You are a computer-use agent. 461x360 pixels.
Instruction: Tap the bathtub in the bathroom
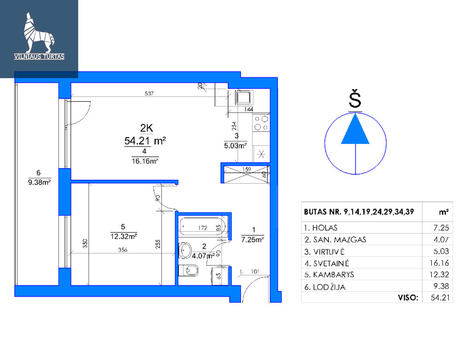[x=202, y=226]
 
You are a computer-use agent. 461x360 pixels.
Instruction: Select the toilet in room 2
[x=189, y=270]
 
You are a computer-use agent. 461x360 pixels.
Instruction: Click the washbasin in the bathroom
[x=184, y=251]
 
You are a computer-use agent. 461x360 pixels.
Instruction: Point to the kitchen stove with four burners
[x=261, y=123]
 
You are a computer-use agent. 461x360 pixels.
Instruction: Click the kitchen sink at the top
[x=244, y=97]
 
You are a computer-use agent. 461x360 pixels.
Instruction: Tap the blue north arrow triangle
[x=355, y=129]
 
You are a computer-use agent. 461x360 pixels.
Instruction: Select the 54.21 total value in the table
[x=440, y=297]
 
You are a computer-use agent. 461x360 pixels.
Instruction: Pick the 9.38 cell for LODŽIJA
[x=441, y=286]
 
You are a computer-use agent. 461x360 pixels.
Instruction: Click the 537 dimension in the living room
[x=149, y=93]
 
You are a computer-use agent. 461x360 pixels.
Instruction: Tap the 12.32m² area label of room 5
[x=124, y=236]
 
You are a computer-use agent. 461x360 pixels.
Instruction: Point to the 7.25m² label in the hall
[x=253, y=240]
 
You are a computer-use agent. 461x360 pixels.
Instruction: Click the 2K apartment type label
[x=146, y=128]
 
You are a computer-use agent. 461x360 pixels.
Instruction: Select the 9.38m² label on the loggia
[x=40, y=182]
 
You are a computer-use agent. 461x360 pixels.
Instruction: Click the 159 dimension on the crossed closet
[x=247, y=169]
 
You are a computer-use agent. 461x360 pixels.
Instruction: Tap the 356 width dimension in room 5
[x=122, y=250]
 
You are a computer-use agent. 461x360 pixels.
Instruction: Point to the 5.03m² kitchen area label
[x=236, y=145]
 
